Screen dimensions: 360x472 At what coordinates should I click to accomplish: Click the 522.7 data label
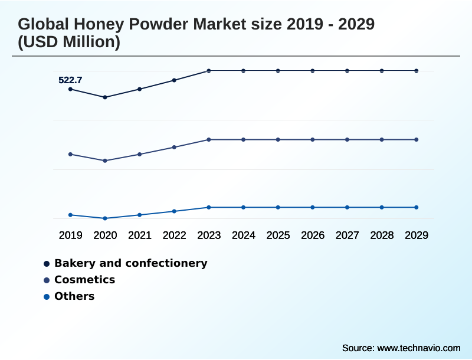pyautogui.click(x=70, y=80)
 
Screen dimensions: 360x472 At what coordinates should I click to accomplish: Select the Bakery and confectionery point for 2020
pyautogui.click(x=105, y=97)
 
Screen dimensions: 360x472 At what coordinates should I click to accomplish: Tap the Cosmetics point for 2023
pyautogui.click(x=209, y=140)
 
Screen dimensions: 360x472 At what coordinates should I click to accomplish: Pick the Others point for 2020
pyautogui.click(x=105, y=218)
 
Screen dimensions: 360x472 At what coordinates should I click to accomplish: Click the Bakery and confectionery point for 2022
pyautogui.click(x=174, y=80)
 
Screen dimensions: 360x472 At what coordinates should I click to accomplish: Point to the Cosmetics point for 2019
pyautogui.click(x=70, y=155)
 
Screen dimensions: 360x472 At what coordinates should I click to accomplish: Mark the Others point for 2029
pyautogui.click(x=417, y=207)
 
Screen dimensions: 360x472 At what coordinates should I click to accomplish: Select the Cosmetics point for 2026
pyautogui.click(x=313, y=140)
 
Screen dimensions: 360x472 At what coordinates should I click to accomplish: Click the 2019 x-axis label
pyautogui.click(x=70, y=235)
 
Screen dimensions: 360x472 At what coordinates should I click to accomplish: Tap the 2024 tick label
pyautogui.click(x=244, y=235)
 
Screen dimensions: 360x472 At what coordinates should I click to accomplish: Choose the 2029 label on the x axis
pyautogui.click(x=417, y=235)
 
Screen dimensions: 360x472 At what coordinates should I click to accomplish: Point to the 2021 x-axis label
pyautogui.click(x=140, y=235)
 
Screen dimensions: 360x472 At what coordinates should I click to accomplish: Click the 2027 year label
pyautogui.click(x=348, y=235)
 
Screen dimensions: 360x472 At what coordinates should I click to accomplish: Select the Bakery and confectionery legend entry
pyautogui.click(x=130, y=263)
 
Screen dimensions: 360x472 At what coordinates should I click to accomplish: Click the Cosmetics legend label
pyautogui.click(x=84, y=280)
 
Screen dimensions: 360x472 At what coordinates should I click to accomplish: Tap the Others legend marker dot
pyautogui.click(x=47, y=296)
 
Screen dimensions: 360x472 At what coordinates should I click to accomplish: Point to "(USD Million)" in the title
pyautogui.click(x=69, y=42)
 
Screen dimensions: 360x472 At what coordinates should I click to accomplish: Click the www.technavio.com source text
pyautogui.click(x=418, y=348)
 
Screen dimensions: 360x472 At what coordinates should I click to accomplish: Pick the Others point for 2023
pyautogui.click(x=209, y=207)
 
